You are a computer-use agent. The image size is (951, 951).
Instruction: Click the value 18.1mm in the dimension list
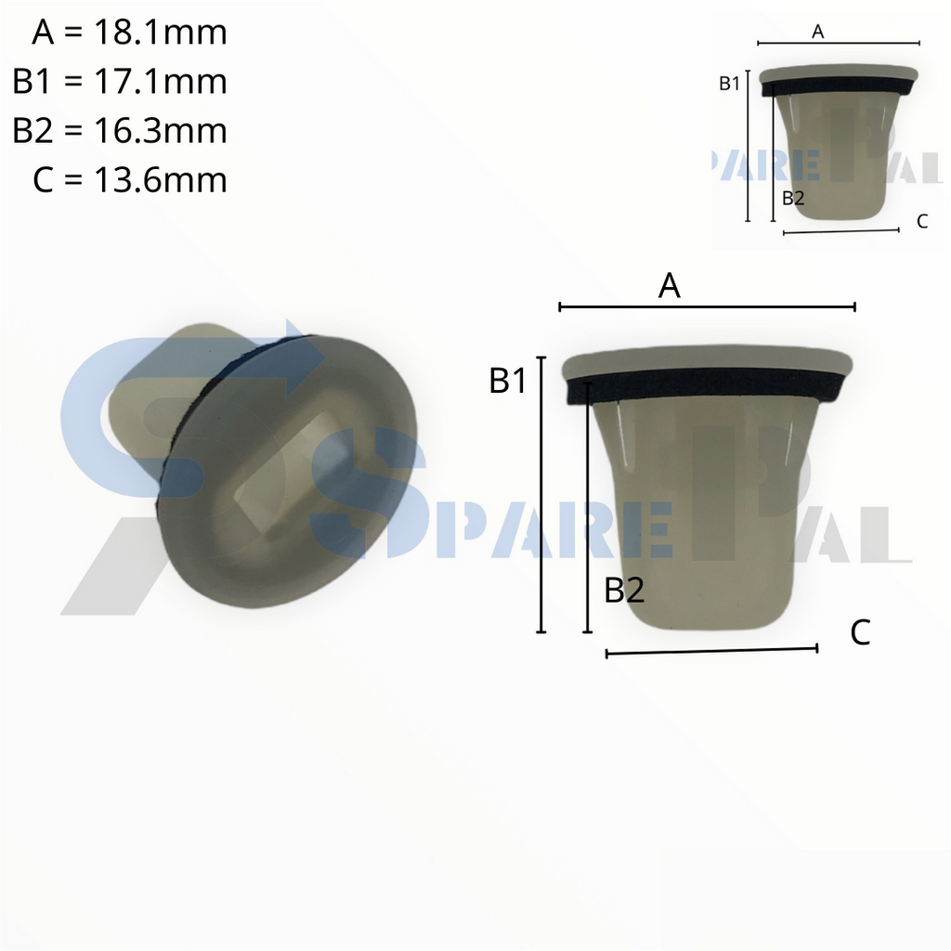160,33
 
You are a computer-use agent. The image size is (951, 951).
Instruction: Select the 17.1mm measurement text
160,82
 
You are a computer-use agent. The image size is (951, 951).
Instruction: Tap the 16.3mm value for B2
160,131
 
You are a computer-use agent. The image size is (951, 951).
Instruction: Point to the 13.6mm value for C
160,179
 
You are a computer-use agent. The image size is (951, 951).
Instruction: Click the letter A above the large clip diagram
670,287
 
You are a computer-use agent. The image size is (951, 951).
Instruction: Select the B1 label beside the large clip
508,381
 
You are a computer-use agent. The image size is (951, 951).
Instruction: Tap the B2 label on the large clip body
624,590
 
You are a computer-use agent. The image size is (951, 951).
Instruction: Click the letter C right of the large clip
860,633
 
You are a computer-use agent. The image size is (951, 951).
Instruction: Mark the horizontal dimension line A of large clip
706,306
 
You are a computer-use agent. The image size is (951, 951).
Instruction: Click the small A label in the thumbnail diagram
818,32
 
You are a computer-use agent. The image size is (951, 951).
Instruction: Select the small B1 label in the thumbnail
729,84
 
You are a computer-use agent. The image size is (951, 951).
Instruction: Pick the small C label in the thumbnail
921,221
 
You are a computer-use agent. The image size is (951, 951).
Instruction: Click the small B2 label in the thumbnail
793,197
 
